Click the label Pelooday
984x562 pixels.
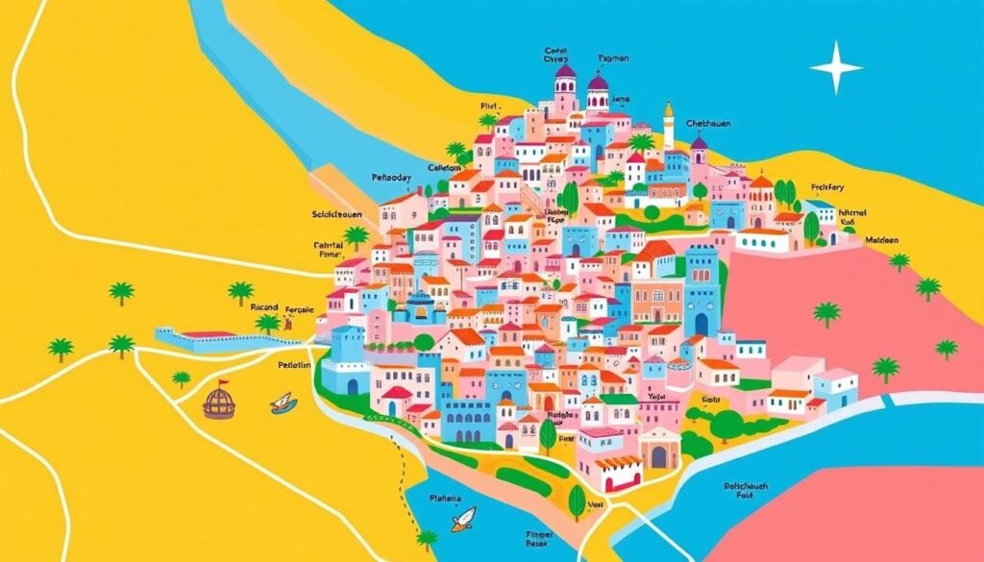tap(391, 178)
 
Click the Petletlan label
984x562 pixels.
tap(287, 365)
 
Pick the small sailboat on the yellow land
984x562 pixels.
tap(283, 403)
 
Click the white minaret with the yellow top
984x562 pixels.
tap(669, 123)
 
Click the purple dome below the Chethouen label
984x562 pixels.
tap(699, 145)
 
